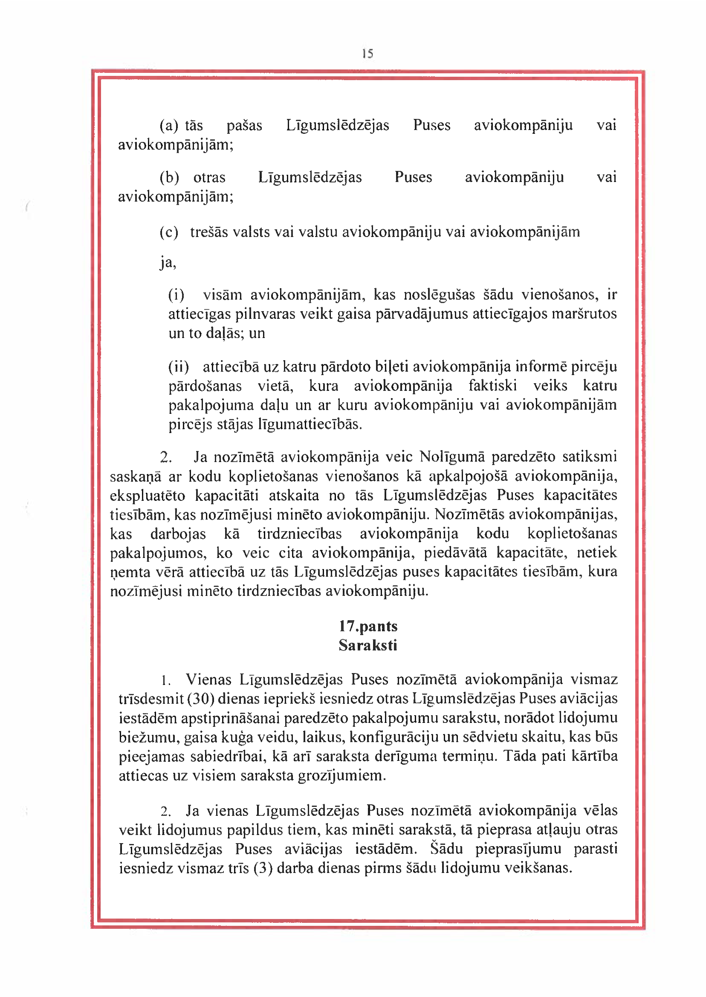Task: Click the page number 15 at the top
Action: (367, 53)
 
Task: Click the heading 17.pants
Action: (368, 626)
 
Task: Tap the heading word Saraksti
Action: (368, 645)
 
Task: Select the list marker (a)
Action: (169, 126)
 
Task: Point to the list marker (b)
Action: (169, 177)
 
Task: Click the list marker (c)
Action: (169, 232)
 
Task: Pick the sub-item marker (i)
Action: (176, 295)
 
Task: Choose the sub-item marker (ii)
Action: (179, 367)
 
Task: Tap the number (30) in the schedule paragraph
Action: (201, 699)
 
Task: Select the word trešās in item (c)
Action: (209, 232)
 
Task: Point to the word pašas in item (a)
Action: (244, 126)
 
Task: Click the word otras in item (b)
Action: (209, 177)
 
